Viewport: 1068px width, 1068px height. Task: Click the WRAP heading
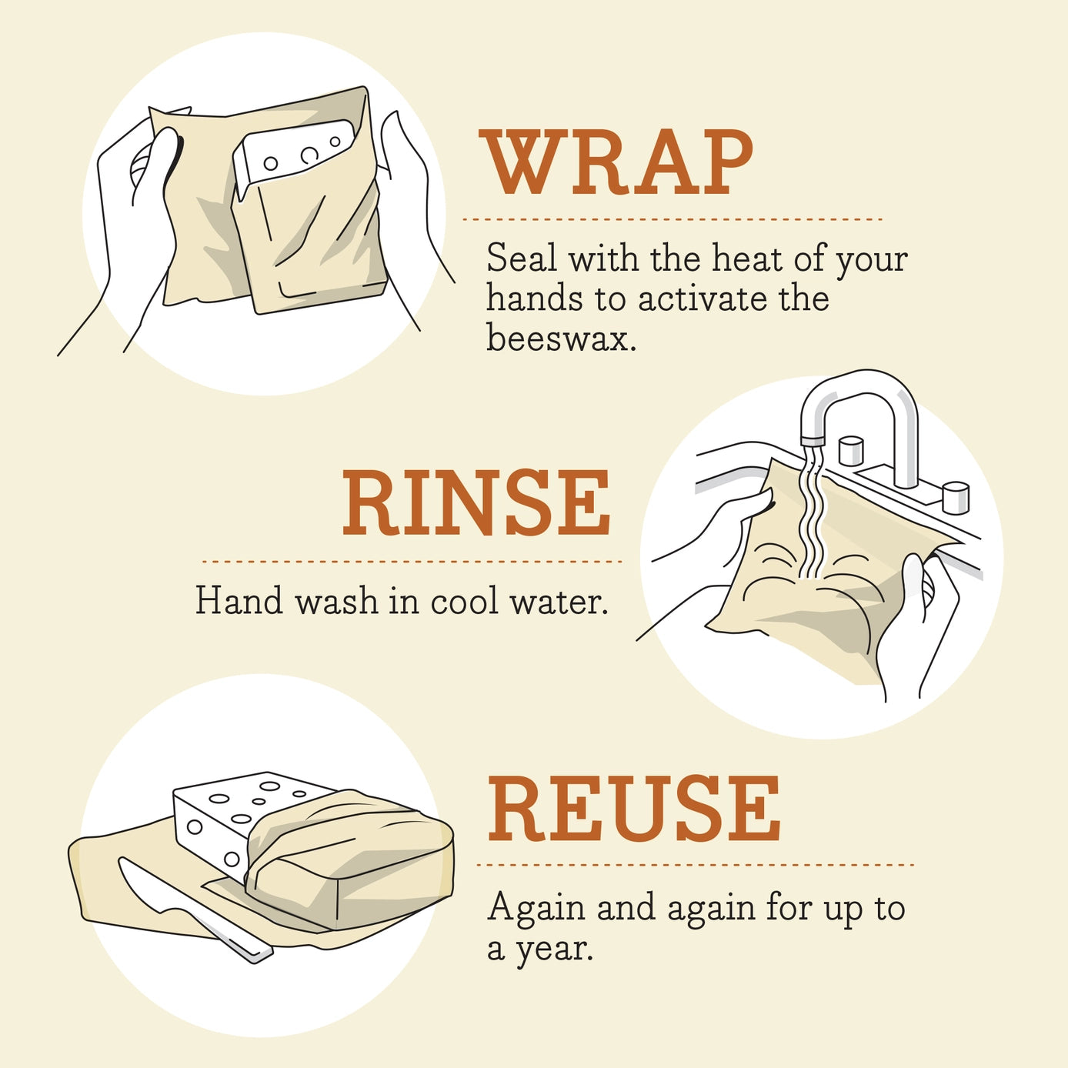point(616,162)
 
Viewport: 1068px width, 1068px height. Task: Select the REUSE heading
point(635,809)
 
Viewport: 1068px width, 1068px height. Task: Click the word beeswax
point(561,338)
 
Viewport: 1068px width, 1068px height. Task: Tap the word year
point(554,949)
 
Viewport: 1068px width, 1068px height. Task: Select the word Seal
point(521,258)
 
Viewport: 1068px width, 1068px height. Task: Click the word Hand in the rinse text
point(239,601)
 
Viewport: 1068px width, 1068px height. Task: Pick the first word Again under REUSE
point(536,909)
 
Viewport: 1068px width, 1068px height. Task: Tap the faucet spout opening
point(813,441)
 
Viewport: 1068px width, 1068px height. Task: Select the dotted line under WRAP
point(672,219)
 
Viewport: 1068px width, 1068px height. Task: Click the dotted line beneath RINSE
point(412,562)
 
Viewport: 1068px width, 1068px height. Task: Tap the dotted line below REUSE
point(695,865)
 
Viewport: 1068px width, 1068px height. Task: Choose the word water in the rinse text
point(559,601)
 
